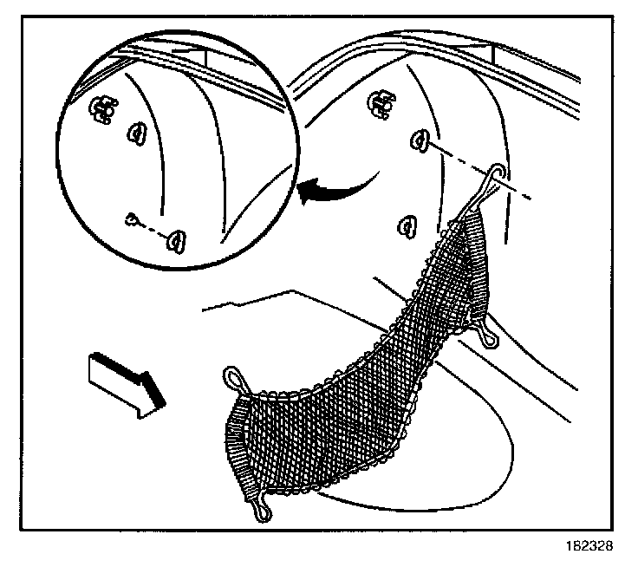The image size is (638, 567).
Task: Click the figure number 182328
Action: [x=589, y=547]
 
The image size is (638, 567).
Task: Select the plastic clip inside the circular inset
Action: [x=104, y=109]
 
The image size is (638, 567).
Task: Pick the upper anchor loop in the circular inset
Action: [x=137, y=133]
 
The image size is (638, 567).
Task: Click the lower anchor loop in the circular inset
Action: [x=179, y=239]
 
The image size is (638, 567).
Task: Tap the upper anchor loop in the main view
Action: [x=420, y=139]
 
